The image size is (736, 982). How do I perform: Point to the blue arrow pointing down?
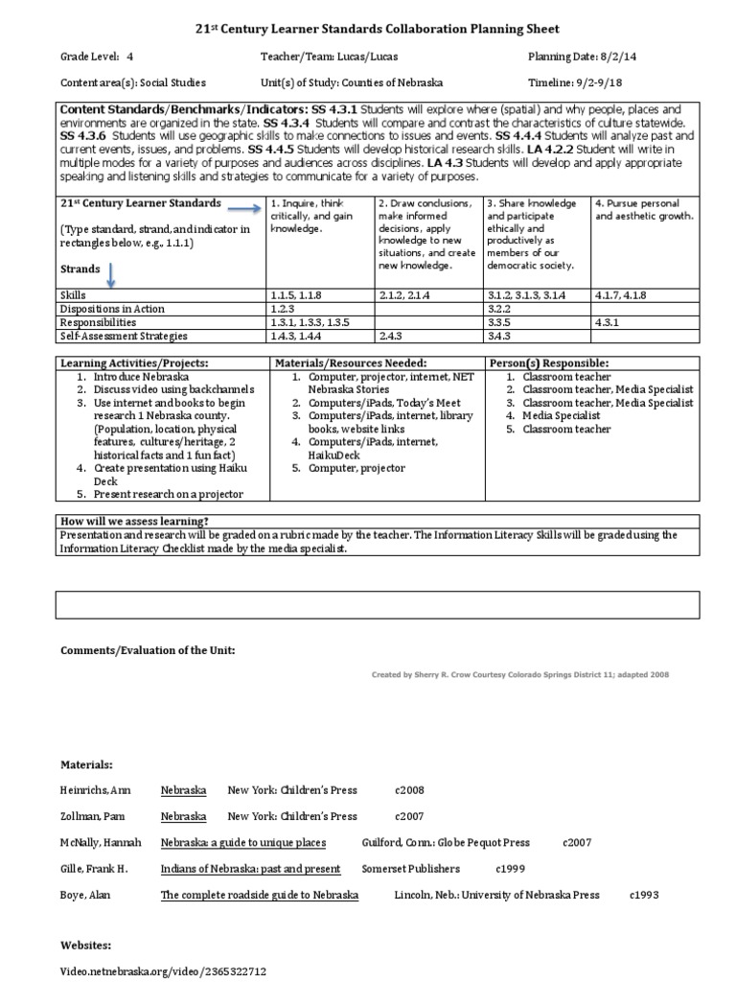click(x=109, y=275)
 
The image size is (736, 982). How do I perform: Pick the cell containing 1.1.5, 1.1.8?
click(x=297, y=295)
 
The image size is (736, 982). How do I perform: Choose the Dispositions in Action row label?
click(x=112, y=309)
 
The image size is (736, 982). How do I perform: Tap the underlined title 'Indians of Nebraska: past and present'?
click(x=250, y=869)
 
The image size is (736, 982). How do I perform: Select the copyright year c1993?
click(x=644, y=895)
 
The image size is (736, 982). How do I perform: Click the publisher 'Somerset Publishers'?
click(x=410, y=869)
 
